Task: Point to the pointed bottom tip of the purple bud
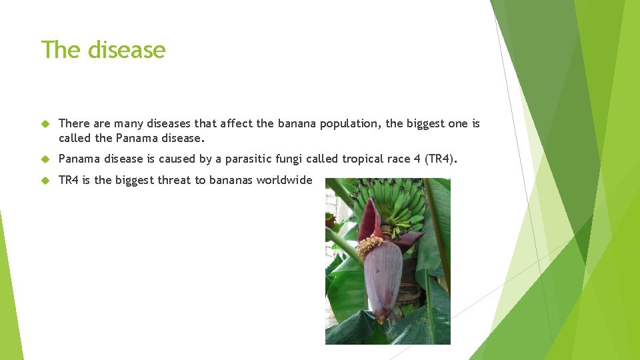tap(381, 319)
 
